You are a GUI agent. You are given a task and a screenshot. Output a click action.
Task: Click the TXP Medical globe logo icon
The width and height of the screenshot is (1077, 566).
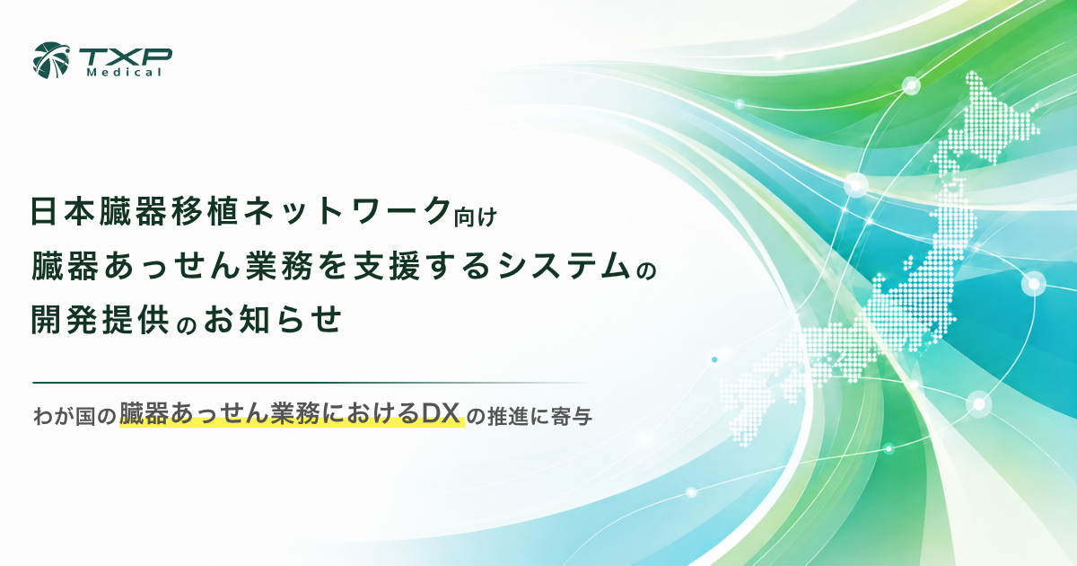[x=51, y=61]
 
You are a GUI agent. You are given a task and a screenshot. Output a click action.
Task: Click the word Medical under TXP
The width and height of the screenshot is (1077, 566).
[x=124, y=73]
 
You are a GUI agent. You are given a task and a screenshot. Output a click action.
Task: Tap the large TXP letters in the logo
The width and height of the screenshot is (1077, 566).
[x=126, y=57]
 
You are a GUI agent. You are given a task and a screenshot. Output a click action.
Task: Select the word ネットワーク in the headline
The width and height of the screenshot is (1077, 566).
[x=347, y=211]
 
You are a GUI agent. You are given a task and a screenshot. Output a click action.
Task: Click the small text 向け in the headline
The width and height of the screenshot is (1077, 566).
[x=476, y=217]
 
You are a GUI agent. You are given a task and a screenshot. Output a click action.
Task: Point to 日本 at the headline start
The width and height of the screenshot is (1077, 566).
[x=65, y=211]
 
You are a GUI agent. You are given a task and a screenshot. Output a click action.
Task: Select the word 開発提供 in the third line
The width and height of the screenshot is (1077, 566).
[x=100, y=320]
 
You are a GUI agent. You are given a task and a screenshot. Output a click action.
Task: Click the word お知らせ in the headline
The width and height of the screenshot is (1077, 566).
[x=273, y=320]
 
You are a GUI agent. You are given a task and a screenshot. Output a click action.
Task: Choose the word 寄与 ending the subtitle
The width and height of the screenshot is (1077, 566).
[x=572, y=417]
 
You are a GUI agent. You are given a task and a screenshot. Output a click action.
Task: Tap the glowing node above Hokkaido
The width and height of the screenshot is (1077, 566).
[x=911, y=86]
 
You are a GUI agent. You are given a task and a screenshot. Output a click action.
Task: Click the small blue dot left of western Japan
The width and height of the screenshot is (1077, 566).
[x=714, y=359]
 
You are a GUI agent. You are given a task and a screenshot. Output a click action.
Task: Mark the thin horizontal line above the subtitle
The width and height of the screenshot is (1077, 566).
[x=311, y=383]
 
